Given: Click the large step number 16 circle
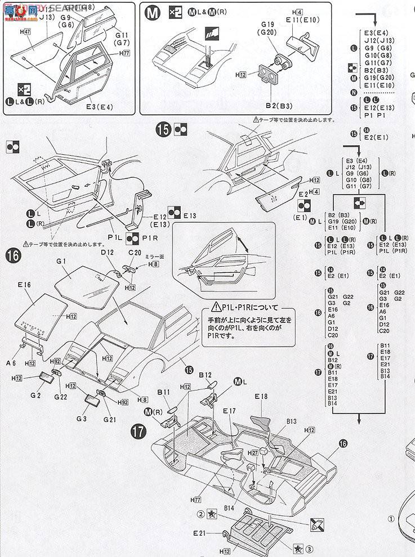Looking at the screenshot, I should [x=15, y=256].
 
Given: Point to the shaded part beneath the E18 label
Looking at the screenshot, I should [x=260, y=422].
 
